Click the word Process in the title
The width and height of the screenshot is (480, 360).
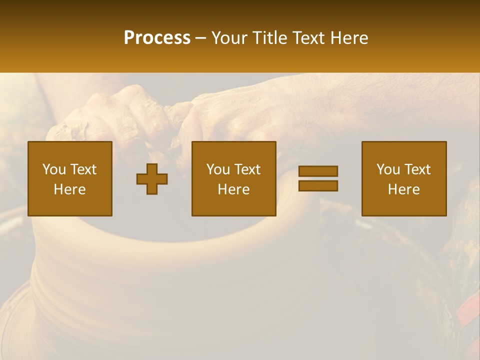157,38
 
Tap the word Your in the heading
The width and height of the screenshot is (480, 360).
229,38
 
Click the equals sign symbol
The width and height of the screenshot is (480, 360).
318,178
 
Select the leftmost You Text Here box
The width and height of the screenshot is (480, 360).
69,178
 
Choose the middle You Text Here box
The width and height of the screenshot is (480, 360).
233,178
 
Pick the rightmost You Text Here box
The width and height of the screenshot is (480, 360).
403,178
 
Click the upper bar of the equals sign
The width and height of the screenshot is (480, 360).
318,171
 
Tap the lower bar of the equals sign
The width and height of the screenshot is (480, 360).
318,185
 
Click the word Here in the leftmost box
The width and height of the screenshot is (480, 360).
69,189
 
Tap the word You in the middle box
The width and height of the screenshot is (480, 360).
218,169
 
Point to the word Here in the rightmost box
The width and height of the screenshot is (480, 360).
403,189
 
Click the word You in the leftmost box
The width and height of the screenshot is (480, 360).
54,169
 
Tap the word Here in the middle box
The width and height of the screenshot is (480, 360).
233,189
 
